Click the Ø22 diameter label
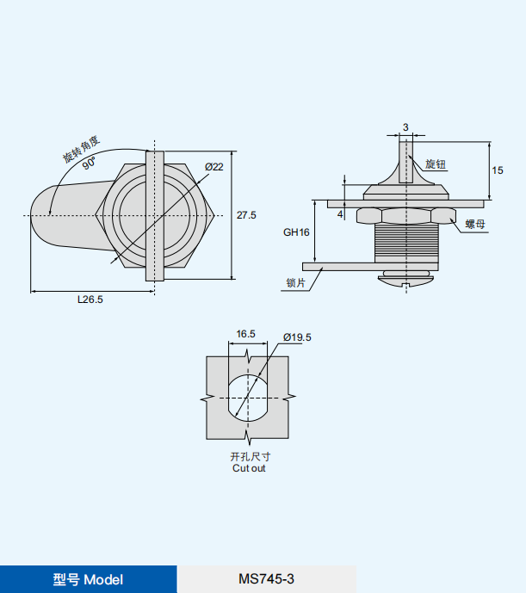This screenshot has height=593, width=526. coord(214,166)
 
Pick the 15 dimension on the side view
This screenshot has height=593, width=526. coord(498,170)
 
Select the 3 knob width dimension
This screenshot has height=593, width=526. coord(405,127)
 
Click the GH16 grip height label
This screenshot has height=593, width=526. coord(296,232)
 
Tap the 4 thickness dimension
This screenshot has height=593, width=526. coord(341,213)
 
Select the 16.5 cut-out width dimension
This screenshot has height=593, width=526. coord(246,334)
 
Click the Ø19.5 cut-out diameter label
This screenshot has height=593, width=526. coord(296,337)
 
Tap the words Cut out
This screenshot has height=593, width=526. coord(249,468)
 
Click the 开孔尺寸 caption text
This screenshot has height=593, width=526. coord(249,456)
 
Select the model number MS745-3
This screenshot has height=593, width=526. coord(266,579)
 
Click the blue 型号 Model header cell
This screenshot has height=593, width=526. coord(88,579)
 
